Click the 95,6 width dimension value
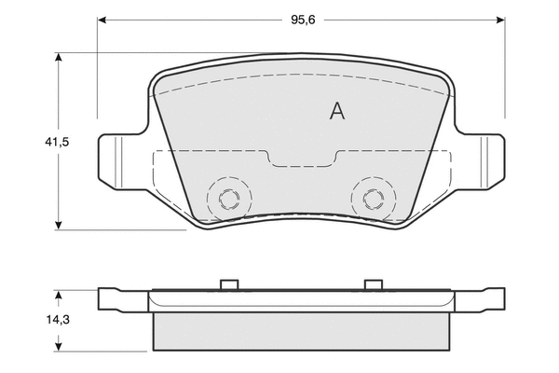tap(303, 20)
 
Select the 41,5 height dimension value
tap(57, 142)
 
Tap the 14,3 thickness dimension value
tap(58, 320)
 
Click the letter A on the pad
tap(337, 111)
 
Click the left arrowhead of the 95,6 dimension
tap(102, 20)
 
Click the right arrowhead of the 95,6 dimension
tap(500, 20)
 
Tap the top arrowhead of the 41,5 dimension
tap(59, 58)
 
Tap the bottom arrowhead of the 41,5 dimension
tap(59, 226)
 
